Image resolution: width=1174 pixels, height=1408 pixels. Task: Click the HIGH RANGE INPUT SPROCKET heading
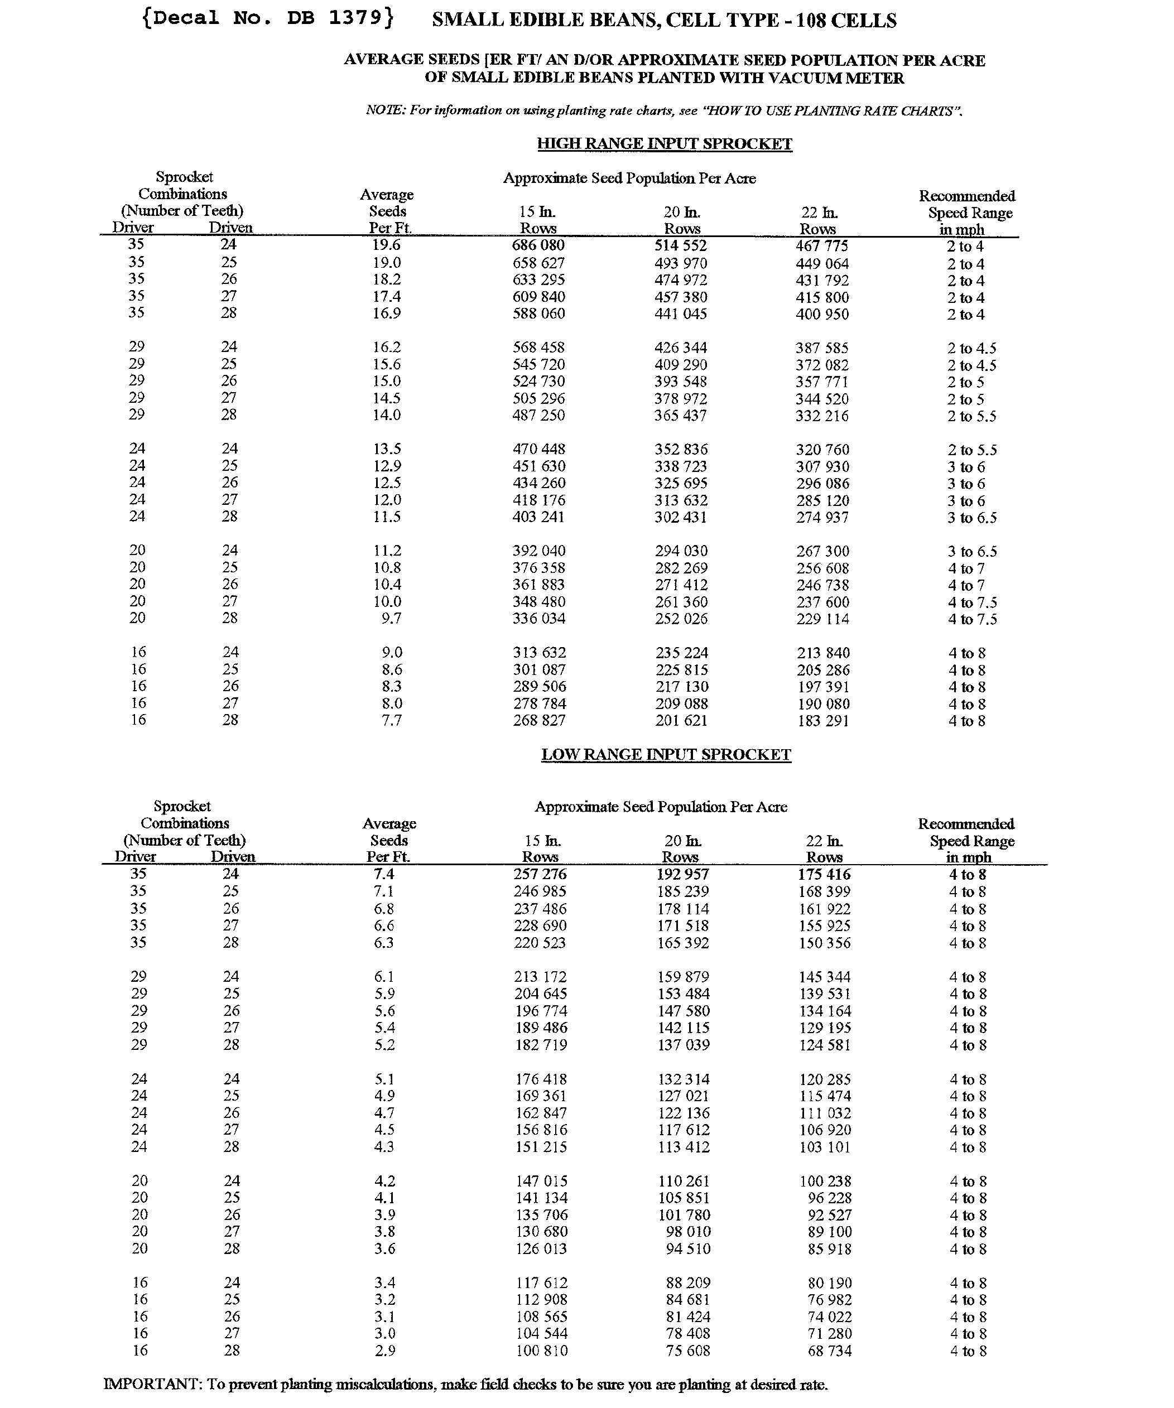point(665,144)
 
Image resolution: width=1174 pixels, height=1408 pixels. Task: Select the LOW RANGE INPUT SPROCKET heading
point(666,754)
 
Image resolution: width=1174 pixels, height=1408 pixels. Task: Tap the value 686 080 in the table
point(538,245)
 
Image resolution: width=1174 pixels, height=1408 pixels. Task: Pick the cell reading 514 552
point(681,245)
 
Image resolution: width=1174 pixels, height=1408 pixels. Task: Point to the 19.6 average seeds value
point(386,245)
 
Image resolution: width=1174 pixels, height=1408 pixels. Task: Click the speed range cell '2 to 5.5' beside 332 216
point(971,416)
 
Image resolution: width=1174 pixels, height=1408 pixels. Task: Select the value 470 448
point(539,449)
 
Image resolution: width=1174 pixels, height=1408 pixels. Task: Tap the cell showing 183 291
point(822,721)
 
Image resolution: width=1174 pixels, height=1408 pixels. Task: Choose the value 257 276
point(540,874)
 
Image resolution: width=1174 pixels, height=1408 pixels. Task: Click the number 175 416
point(824,874)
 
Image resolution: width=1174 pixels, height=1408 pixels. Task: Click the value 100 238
point(825,1181)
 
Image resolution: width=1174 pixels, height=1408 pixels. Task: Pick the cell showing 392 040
point(539,551)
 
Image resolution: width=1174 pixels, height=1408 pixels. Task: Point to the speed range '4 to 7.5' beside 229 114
point(972,619)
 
